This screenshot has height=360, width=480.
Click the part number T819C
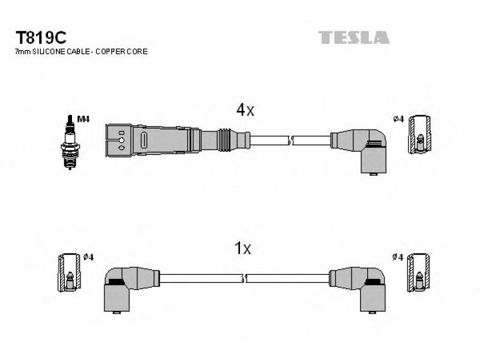[x=41, y=38]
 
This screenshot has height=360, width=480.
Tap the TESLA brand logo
[x=354, y=37]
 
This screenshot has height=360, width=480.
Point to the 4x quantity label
[x=245, y=110]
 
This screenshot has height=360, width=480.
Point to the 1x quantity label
[x=242, y=248]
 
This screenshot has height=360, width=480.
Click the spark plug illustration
[x=70, y=142]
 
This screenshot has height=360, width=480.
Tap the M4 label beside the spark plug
[x=83, y=119]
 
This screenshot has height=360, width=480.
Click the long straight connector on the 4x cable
[x=178, y=140]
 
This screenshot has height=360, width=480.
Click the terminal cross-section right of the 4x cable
[x=420, y=134]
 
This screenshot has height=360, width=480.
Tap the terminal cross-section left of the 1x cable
[x=70, y=272]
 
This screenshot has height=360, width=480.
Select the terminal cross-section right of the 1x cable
[x=418, y=272]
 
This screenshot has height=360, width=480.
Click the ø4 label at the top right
[x=398, y=119]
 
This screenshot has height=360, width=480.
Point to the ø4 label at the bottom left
[x=88, y=257]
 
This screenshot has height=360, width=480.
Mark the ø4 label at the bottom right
[x=398, y=257]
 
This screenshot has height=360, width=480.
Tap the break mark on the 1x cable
[x=244, y=278]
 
